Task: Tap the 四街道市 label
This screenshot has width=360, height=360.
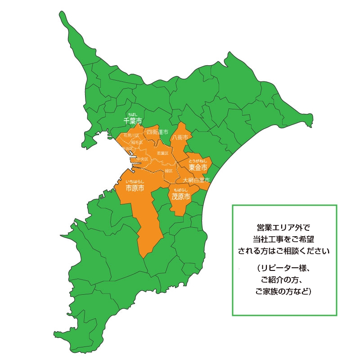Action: pos(157,132)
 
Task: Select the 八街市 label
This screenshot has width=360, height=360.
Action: pos(180,137)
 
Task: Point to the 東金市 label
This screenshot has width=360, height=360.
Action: pos(198,167)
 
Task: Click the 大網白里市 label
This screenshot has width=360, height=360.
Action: pos(196,180)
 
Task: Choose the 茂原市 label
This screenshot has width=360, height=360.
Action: pos(181,197)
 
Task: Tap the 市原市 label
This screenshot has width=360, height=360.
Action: pos(135,188)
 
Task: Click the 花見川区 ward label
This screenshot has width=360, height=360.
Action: pos(131,135)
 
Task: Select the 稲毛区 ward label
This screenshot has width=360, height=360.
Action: pos(137,142)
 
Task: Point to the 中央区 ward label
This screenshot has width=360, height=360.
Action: pos(142,159)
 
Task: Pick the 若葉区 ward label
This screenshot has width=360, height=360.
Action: pos(162,153)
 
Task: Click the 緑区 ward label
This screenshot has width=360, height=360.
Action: pos(169,171)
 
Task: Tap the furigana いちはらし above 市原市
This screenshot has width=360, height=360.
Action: pos(135,181)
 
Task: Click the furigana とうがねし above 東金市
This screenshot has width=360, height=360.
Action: pos(198,161)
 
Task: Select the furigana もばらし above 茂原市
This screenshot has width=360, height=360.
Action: pos(181,190)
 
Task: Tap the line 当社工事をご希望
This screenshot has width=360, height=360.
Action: pos(284,239)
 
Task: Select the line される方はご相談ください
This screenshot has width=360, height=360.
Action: pos(284,251)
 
